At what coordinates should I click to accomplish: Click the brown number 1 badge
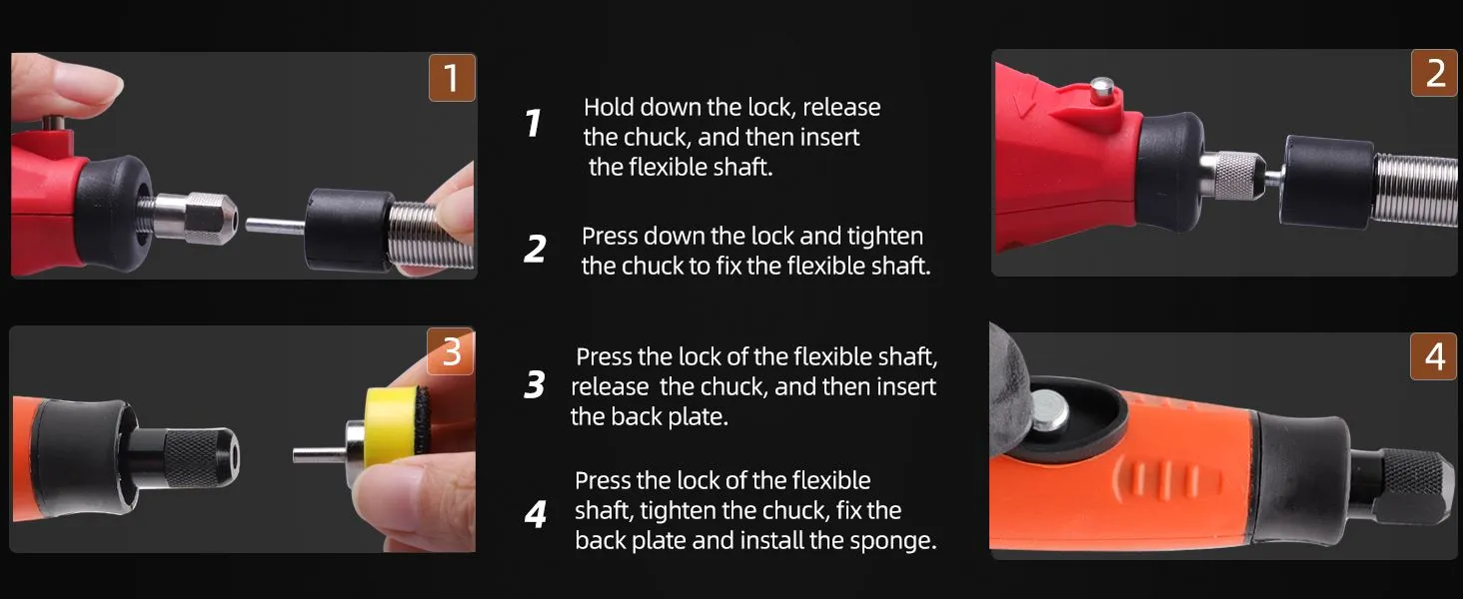(452, 78)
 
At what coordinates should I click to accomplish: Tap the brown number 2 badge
(1434, 73)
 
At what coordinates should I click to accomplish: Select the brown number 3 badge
(451, 351)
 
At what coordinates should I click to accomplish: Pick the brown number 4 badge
(1433, 356)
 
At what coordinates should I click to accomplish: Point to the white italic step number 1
(534, 123)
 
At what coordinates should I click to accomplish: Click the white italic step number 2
(535, 250)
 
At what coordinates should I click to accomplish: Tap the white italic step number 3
(535, 384)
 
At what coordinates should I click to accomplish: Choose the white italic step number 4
(535, 515)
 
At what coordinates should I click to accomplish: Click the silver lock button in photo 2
(1103, 88)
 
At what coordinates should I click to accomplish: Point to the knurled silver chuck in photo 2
(1232, 175)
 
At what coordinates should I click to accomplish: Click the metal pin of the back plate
(319, 454)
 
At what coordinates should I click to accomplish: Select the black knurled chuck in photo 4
(1407, 486)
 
